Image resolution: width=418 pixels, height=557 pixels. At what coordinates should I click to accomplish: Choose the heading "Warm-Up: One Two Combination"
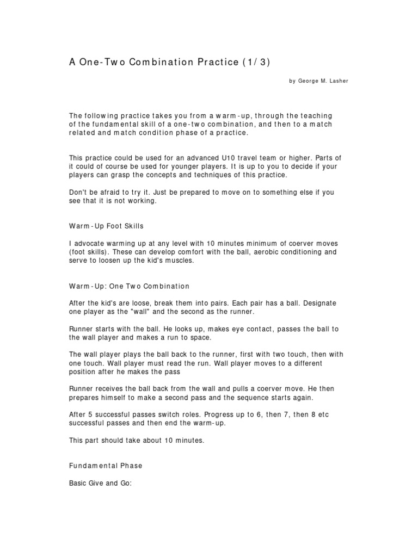click(x=129, y=286)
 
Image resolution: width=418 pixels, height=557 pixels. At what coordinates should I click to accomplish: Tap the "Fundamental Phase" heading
click(x=106, y=466)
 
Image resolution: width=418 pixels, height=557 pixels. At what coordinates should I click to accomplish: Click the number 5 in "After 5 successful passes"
click(x=89, y=414)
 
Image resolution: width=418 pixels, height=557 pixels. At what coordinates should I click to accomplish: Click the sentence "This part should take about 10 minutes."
click(x=137, y=440)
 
